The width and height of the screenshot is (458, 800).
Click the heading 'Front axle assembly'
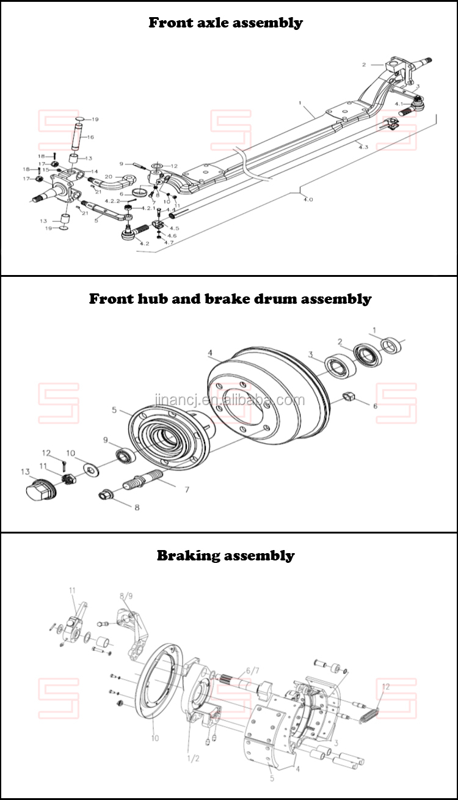pyautogui.click(x=225, y=23)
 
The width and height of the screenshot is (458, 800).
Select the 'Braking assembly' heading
pyautogui.click(x=225, y=556)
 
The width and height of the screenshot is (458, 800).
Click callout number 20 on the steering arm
pyautogui.click(x=109, y=177)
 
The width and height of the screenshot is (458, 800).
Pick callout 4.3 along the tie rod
pyautogui.click(x=363, y=147)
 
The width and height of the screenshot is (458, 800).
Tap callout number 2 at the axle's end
pyautogui.click(x=363, y=64)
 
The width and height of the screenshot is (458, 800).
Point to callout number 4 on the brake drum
pyautogui.click(x=209, y=353)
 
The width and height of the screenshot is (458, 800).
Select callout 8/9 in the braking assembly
pyautogui.click(x=126, y=595)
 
